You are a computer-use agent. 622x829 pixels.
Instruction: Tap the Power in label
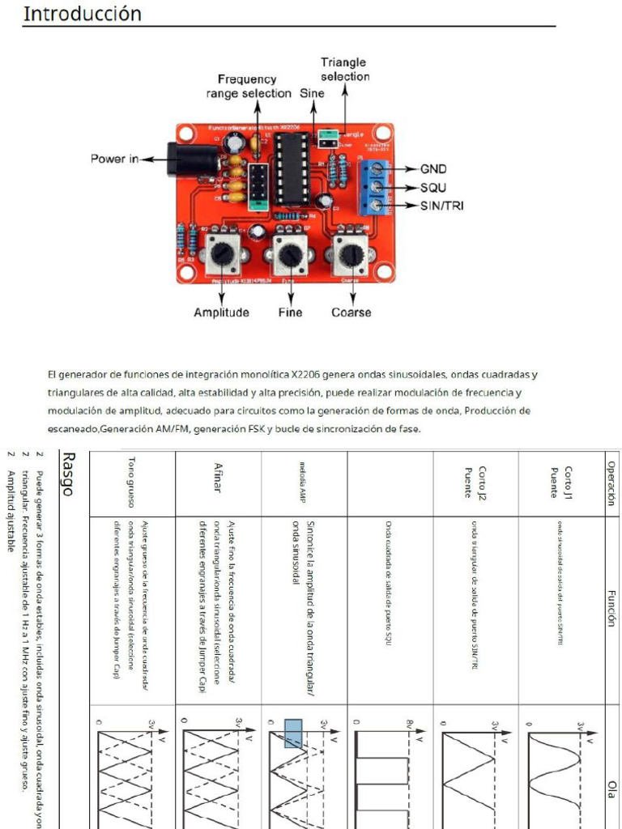[x=114, y=159]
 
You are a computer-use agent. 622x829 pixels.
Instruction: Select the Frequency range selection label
[x=247, y=87]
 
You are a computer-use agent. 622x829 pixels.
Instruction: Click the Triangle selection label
[x=344, y=69]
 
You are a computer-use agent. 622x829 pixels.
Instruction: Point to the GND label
[x=433, y=170]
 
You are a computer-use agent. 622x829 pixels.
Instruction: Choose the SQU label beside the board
[x=434, y=188]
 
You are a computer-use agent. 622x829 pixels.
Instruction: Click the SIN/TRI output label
[x=441, y=206]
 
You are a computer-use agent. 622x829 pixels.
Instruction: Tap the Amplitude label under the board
[x=221, y=312]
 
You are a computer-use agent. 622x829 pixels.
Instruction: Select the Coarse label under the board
[x=351, y=312]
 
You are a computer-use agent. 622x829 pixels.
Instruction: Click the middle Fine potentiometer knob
[x=289, y=255]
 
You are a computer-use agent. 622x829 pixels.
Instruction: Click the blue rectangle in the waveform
[x=292, y=733]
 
